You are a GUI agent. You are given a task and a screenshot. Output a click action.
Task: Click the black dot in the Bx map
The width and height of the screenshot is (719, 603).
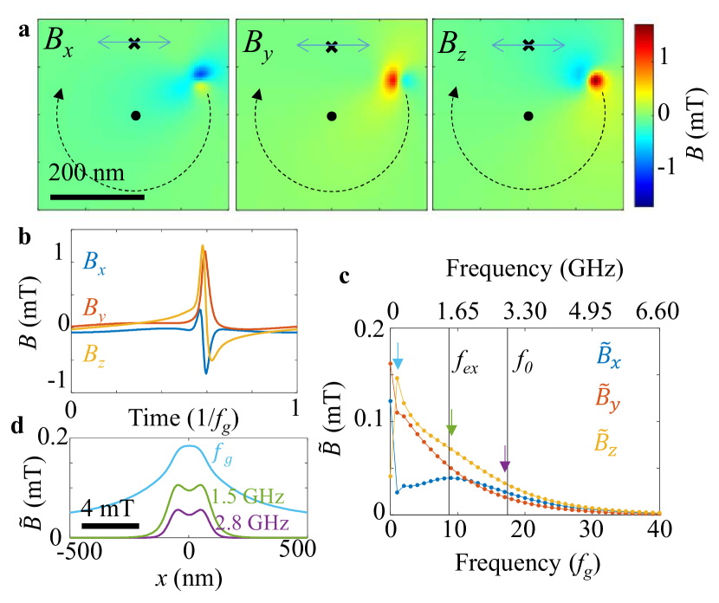(135, 115)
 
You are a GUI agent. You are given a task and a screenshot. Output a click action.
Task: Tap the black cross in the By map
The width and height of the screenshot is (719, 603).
(331, 47)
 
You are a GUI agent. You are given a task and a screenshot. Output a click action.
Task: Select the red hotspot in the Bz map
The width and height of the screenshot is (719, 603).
(596, 81)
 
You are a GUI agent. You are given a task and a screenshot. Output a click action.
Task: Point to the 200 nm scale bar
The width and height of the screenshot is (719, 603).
(97, 197)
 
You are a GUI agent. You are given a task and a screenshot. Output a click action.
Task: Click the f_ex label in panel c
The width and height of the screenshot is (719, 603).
(468, 361)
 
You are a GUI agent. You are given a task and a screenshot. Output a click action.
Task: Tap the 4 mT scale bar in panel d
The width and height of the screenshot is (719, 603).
(110, 525)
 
